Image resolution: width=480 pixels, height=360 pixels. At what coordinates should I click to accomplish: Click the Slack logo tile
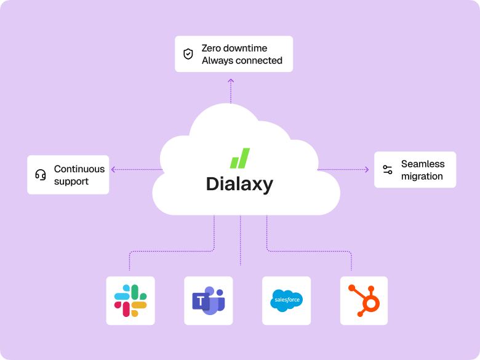pos(130,300)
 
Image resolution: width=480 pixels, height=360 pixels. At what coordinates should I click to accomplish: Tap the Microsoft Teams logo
pos(209,301)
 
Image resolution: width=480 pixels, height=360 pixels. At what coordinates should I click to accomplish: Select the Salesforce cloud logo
pos(287,300)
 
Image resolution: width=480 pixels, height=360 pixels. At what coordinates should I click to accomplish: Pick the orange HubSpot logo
pos(364,300)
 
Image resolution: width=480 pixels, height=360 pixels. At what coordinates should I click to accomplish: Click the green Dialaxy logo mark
pos(240,158)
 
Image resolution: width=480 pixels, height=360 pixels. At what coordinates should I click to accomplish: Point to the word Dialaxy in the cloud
pos(239,184)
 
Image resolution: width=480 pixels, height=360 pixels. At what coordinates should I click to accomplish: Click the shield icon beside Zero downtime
pos(188,54)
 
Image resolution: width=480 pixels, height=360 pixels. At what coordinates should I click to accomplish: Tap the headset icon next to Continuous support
pos(41,175)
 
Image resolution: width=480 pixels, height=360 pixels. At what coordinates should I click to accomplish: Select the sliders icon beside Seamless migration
pos(388,170)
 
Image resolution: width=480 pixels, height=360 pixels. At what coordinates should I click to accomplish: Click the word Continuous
pos(79,169)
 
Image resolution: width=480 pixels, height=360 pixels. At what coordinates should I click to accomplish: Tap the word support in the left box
pos(71,182)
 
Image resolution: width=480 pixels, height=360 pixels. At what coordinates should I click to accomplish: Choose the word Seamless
pos(423,164)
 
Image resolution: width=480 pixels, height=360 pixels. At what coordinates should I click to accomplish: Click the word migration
pos(422,177)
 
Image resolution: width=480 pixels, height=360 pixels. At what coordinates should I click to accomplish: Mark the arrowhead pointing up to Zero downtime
pos(231,81)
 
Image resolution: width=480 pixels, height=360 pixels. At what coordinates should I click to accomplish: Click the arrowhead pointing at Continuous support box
pos(113,169)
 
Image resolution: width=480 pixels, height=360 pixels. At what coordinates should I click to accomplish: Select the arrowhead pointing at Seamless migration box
pos(367,169)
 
